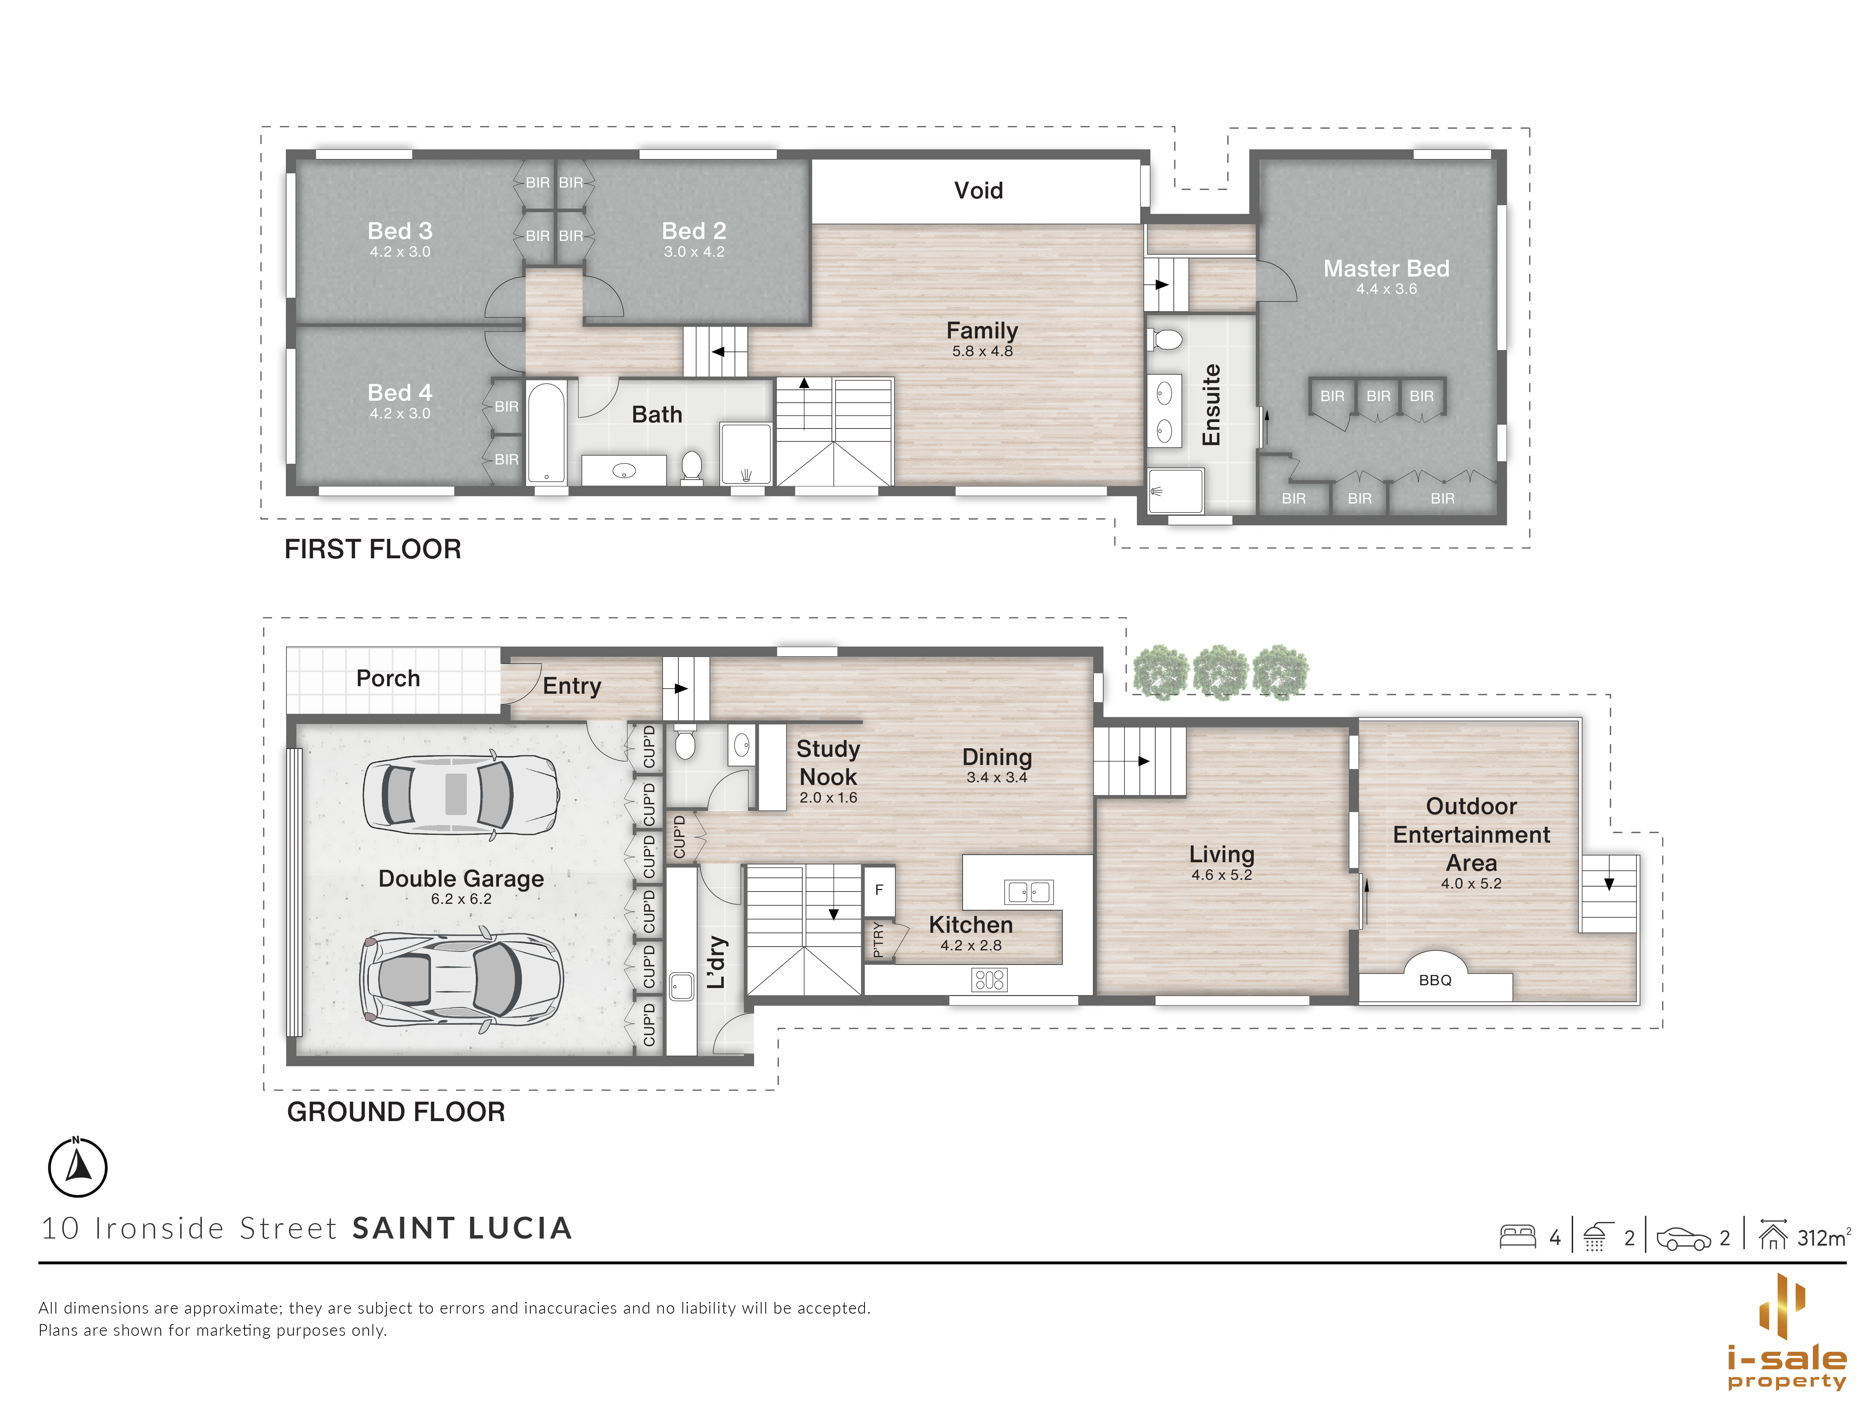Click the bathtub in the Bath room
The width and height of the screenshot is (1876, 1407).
click(x=546, y=433)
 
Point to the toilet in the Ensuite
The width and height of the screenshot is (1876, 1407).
click(x=1166, y=340)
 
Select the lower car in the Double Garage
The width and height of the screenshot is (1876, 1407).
click(x=460, y=980)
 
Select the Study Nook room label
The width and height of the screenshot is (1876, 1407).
click(x=828, y=762)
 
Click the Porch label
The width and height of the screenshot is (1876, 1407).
click(x=388, y=678)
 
